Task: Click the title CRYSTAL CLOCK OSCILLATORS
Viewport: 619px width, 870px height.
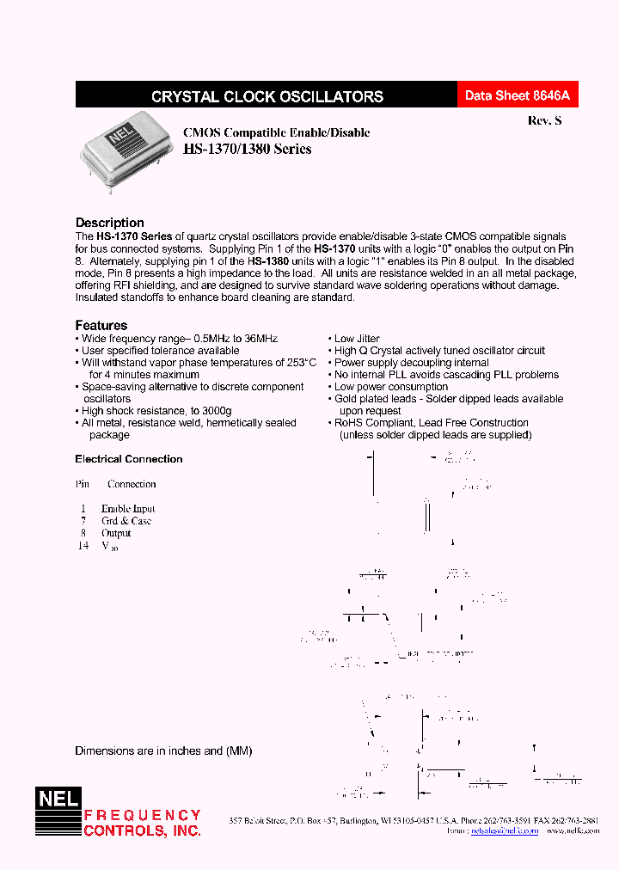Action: coord(267,97)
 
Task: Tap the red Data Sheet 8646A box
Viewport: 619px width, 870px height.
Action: coord(517,96)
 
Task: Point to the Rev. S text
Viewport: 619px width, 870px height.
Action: coord(544,121)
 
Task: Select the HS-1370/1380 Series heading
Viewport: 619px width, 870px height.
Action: coord(248,149)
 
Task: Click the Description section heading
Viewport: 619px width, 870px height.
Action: coord(110,223)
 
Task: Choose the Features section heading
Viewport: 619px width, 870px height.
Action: coord(101,325)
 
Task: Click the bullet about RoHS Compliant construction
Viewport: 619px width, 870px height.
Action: coord(431,423)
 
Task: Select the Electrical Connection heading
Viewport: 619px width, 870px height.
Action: coord(129,459)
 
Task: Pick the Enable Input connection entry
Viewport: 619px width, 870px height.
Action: coord(128,508)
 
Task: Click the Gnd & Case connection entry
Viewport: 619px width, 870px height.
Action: coord(126,520)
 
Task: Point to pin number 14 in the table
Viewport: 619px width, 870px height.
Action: coord(83,545)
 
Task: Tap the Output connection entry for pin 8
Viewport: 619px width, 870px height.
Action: coord(116,533)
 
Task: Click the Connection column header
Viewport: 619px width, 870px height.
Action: coord(132,484)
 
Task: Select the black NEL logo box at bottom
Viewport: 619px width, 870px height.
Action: coord(58,799)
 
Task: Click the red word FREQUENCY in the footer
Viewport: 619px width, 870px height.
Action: coord(143,815)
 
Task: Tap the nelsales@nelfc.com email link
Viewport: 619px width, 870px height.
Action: coord(506,831)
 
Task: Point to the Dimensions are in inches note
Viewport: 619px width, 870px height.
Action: coord(163,751)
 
